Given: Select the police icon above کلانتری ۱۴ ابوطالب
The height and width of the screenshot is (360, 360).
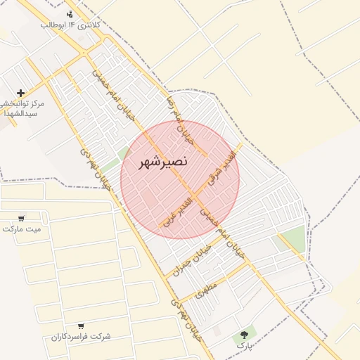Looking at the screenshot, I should point(70,14).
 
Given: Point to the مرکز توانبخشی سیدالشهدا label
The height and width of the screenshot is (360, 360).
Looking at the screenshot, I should point(22,108).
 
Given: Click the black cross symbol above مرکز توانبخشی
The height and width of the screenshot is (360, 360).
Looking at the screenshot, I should point(20,93).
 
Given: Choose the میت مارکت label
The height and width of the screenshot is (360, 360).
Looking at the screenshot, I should point(22,229).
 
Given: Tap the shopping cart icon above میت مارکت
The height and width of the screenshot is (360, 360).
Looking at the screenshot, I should point(22,218).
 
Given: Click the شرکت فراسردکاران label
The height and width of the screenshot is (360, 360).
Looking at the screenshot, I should point(81,337).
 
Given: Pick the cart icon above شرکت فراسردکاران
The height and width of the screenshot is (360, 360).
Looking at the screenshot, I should point(81,326).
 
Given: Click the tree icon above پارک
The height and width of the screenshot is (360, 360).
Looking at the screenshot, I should point(244,335).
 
